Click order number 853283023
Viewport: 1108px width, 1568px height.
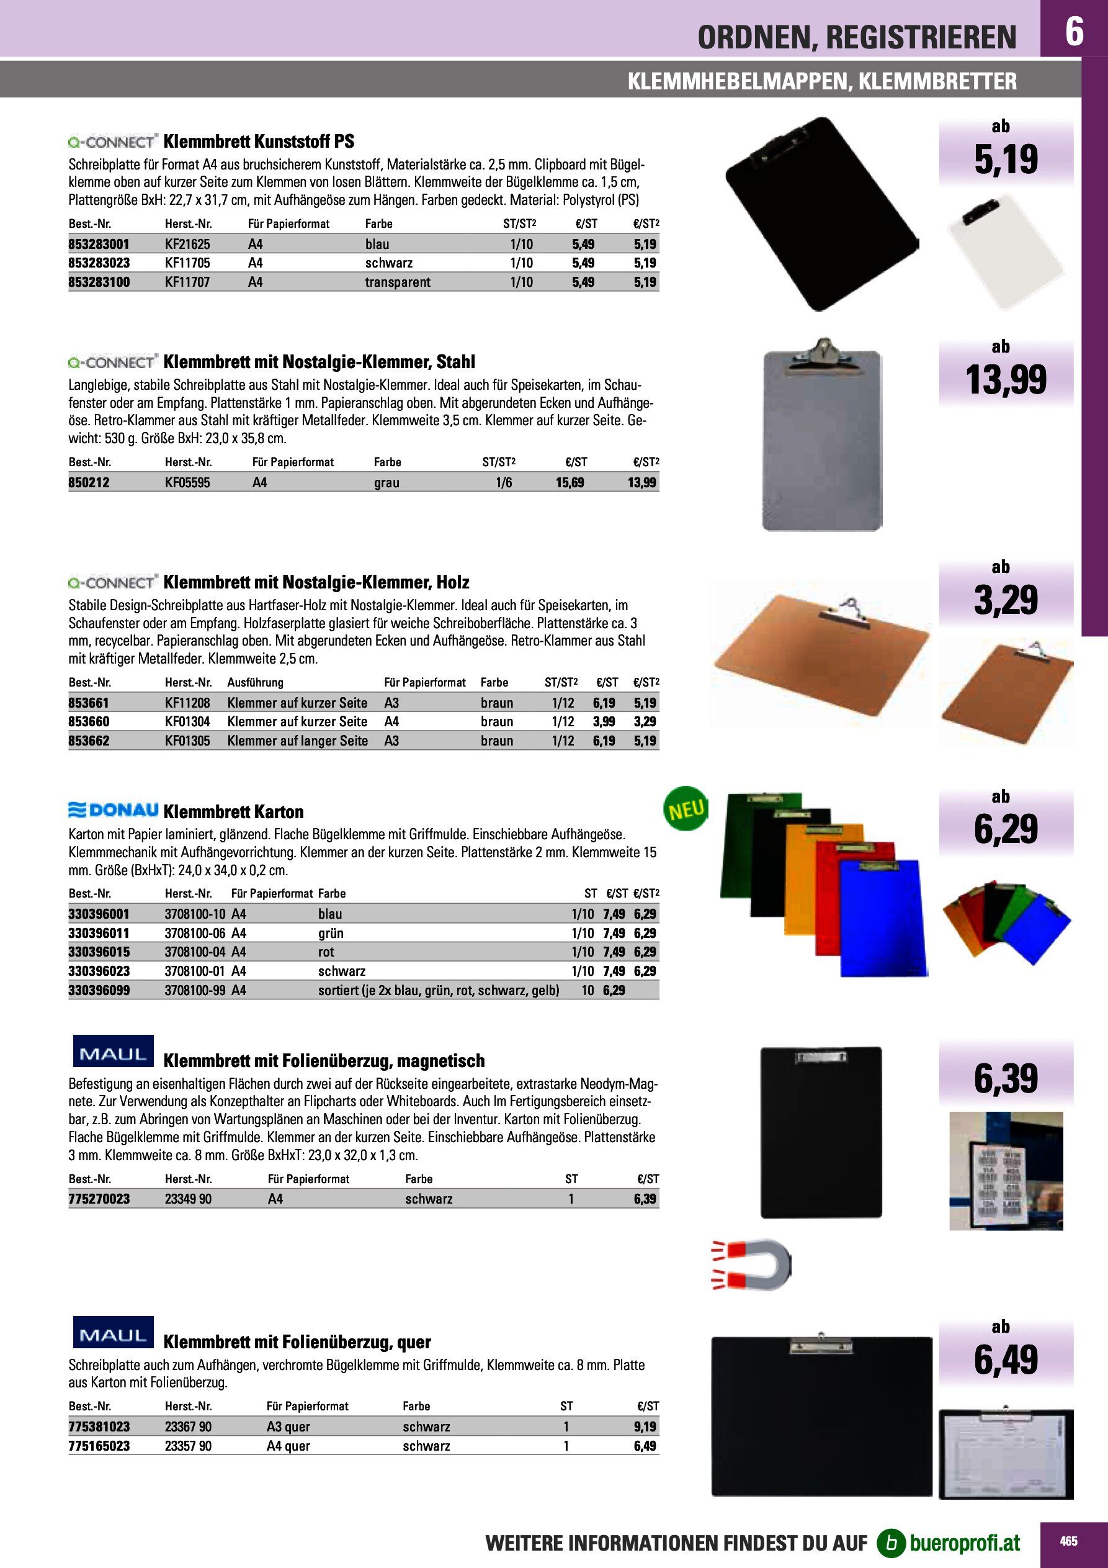(x=99, y=263)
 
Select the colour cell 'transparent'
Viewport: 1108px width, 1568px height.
(x=397, y=282)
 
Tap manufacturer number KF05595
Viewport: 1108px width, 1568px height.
(x=187, y=483)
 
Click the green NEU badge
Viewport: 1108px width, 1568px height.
(x=686, y=810)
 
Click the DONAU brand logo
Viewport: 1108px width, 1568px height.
(x=114, y=811)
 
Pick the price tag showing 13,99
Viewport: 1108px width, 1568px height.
(x=1005, y=380)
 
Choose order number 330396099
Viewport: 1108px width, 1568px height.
(x=99, y=990)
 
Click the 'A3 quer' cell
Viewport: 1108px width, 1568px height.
(x=288, y=1426)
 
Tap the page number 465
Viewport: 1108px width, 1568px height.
(x=1068, y=1541)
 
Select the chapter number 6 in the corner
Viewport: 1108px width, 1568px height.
(x=1074, y=32)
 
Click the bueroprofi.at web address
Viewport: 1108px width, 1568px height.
(x=964, y=1543)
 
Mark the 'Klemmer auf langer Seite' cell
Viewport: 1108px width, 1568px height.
(x=298, y=741)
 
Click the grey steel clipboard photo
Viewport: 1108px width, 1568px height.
(x=822, y=437)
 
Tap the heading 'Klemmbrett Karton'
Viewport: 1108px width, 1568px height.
(x=233, y=812)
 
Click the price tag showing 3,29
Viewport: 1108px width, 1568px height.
(x=1005, y=600)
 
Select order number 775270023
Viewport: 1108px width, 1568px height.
(x=99, y=1199)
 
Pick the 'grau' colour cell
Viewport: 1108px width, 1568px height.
(x=386, y=483)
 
